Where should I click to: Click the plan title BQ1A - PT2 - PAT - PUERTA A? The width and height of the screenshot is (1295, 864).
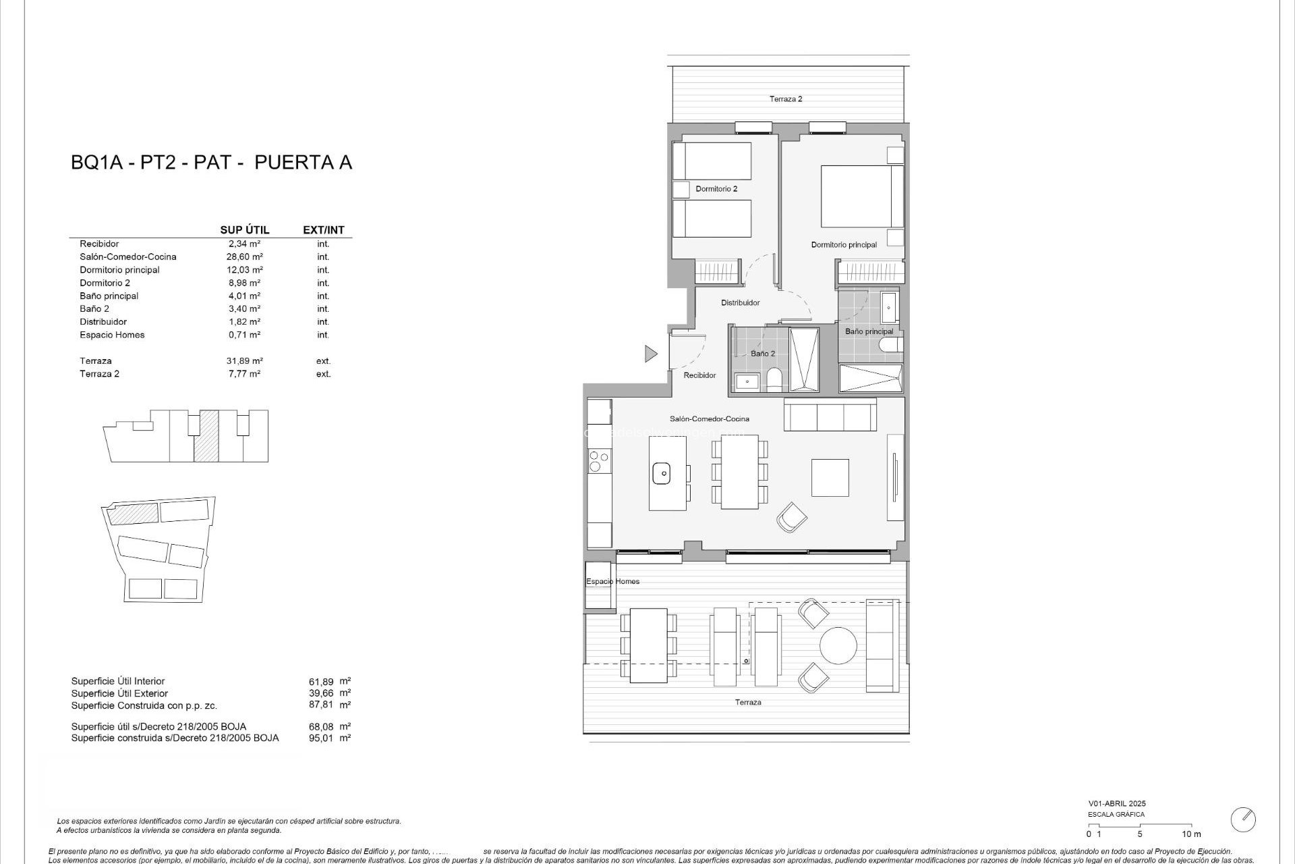pos(211,163)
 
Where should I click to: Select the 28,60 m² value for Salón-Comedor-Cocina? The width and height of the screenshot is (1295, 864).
pos(244,256)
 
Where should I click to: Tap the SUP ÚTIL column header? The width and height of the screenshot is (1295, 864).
pos(244,230)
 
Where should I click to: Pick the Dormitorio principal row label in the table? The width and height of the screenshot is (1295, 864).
pos(119,270)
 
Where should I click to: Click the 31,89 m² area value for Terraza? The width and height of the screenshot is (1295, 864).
pos(244,361)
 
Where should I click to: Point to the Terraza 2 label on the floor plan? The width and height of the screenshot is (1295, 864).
pos(786,99)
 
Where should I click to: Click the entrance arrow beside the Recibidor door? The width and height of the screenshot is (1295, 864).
pos(650,353)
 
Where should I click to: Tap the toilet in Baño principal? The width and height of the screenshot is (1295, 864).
pos(891,346)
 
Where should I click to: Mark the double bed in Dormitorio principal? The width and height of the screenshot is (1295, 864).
pos(861,196)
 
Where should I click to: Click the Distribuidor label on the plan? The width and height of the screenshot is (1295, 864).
pos(740,303)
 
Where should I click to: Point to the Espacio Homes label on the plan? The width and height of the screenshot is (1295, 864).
pos(612,581)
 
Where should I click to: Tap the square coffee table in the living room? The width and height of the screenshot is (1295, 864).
pos(830,477)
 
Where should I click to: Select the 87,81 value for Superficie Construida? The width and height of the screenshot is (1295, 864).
pos(321,705)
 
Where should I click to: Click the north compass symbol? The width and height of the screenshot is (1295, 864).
pos(1242,819)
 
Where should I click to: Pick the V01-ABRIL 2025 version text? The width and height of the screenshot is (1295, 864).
pos(1116,804)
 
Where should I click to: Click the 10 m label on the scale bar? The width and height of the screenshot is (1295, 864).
pos(1192,834)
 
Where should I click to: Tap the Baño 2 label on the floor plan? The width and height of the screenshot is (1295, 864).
pos(763,354)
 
